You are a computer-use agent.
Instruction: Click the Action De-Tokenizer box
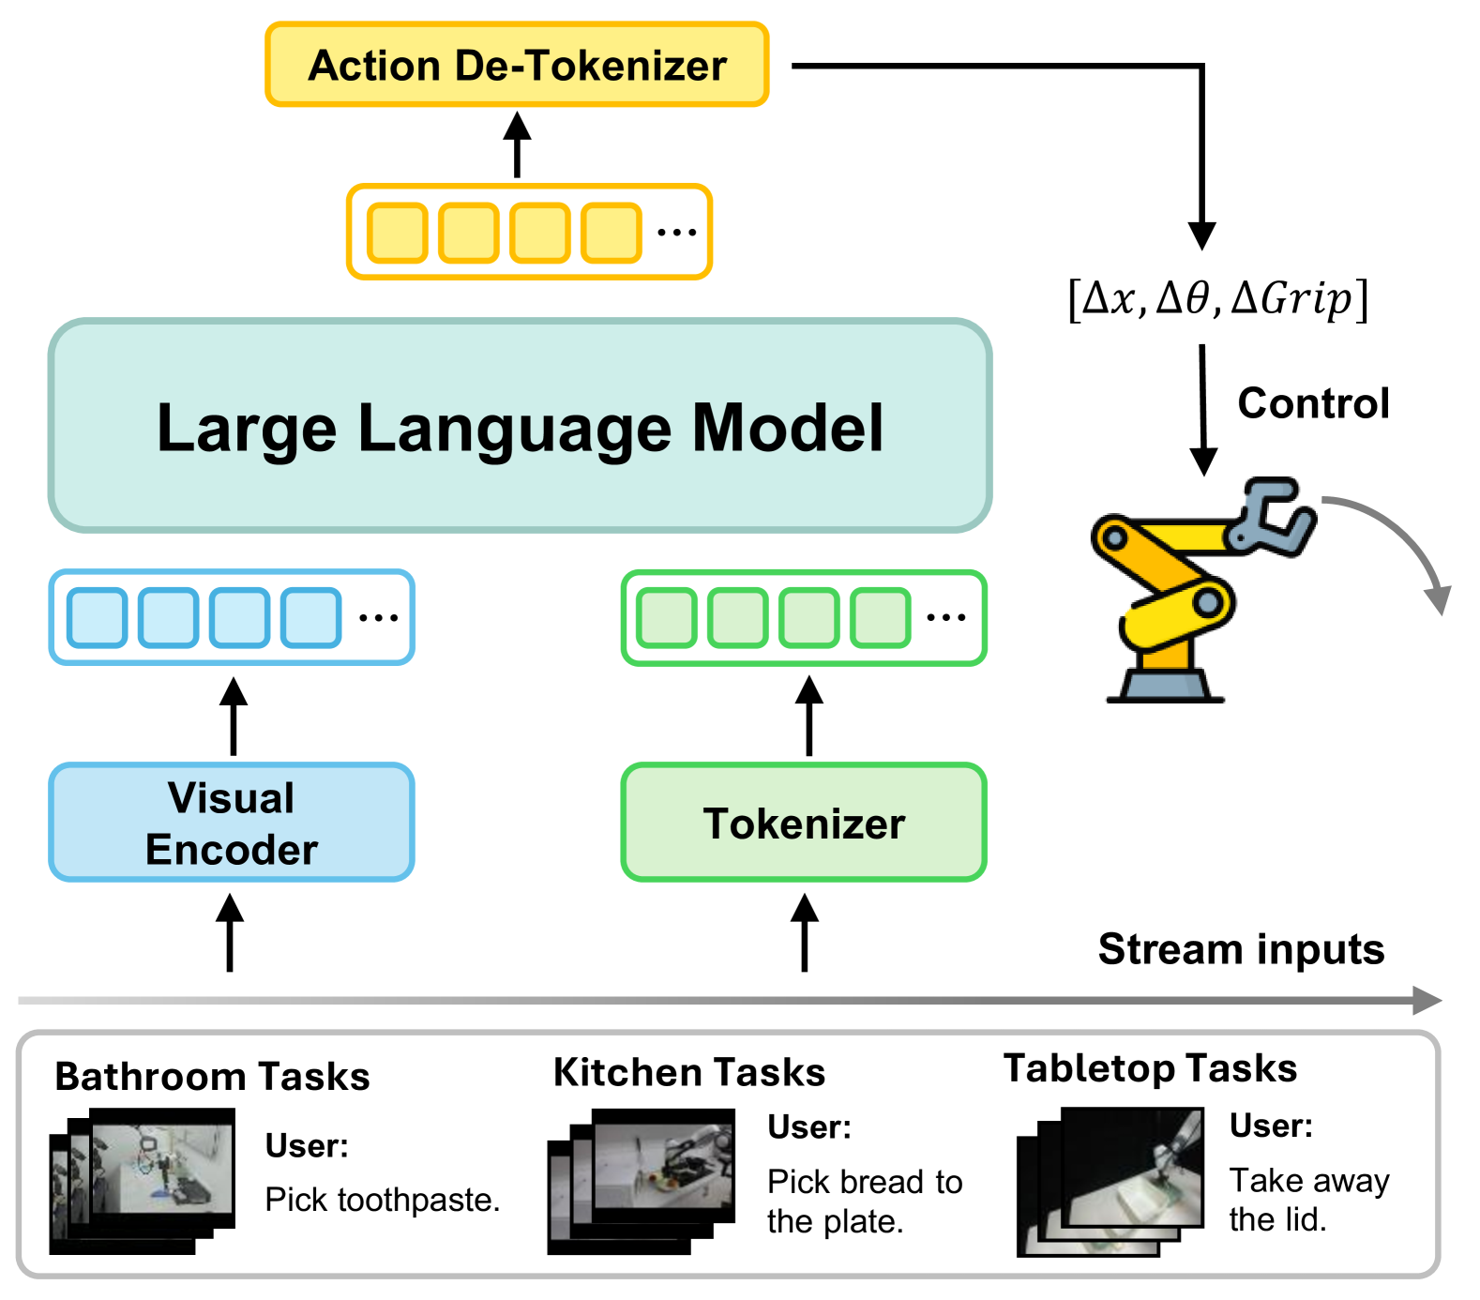(517, 65)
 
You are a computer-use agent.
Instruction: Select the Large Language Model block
(520, 426)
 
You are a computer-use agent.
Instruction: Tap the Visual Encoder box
(232, 823)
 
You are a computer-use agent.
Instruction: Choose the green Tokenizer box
(804, 823)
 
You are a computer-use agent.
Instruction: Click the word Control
(1313, 403)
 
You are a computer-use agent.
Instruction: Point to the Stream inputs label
(1241, 949)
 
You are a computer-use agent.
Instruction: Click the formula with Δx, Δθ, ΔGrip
(1218, 299)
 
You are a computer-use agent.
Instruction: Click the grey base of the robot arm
(1165, 683)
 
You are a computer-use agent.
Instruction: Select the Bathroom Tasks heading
(212, 1077)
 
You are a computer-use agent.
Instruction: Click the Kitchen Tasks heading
(689, 1072)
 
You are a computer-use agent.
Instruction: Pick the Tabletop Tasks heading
(1151, 1068)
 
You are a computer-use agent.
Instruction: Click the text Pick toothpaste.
(383, 1200)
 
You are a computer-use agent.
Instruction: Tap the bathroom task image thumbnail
(143, 1181)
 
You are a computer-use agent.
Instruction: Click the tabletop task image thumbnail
(1110, 1181)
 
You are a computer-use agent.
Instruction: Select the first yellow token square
(398, 233)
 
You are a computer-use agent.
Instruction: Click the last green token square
(880, 617)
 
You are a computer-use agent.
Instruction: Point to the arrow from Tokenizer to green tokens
(808, 716)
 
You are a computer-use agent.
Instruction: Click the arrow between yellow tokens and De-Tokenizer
(517, 144)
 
